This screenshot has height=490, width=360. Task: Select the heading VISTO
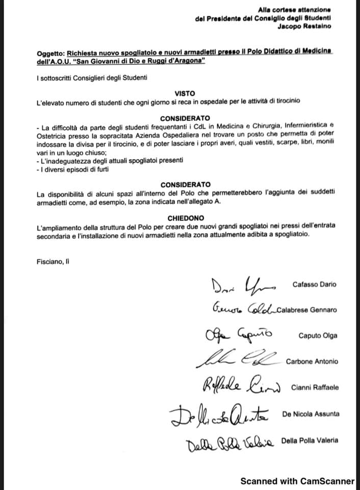point(185,94)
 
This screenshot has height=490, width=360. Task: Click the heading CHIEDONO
point(185,217)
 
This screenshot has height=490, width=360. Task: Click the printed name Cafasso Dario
point(315,284)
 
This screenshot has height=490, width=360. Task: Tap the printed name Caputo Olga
point(318,336)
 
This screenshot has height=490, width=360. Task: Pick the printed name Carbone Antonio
point(312,361)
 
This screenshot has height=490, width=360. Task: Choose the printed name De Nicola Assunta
point(310,414)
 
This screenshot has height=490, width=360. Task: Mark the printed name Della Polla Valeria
point(310,440)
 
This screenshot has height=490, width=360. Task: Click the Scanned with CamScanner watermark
point(297,481)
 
